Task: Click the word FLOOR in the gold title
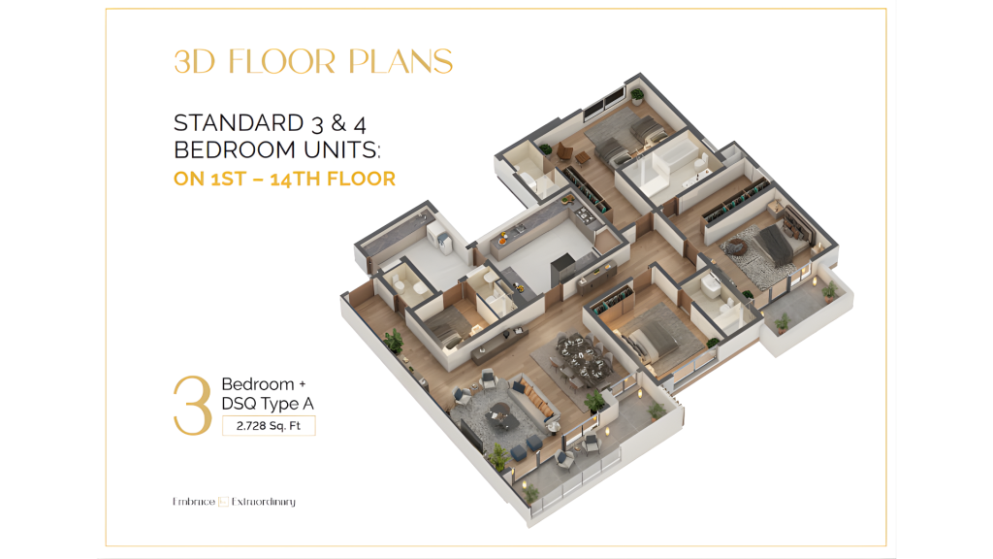pos(282,61)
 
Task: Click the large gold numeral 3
pos(193,406)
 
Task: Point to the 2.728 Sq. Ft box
pos(269,426)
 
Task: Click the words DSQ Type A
pos(268,404)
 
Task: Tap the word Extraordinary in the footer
pos(264,502)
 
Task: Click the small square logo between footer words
pos(223,502)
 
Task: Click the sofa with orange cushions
pos(535,399)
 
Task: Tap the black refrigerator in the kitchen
pos(562,270)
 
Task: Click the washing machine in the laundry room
pos(439,240)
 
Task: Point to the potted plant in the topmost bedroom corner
pos(637,96)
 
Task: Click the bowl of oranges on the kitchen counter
pos(503,239)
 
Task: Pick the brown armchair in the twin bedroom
pos(563,152)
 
